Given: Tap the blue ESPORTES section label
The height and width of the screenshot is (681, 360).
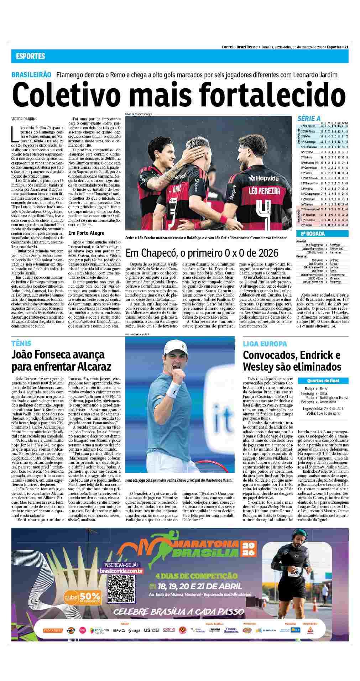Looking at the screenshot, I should pyautogui.click(x=30, y=56).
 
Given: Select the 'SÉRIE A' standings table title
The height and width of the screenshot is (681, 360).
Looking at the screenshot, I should pyautogui.click(x=309, y=119).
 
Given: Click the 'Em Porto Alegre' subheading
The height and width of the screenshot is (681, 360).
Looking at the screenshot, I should pyautogui.click(x=86, y=233).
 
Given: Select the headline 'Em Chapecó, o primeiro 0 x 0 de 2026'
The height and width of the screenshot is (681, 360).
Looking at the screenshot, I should pyautogui.click(x=202, y=253).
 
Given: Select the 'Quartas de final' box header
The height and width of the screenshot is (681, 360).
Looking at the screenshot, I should pyautogui.click(x=323, y=381).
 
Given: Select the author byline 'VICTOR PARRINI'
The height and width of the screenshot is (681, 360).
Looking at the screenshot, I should pyautogui.click(x=24, y=118).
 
